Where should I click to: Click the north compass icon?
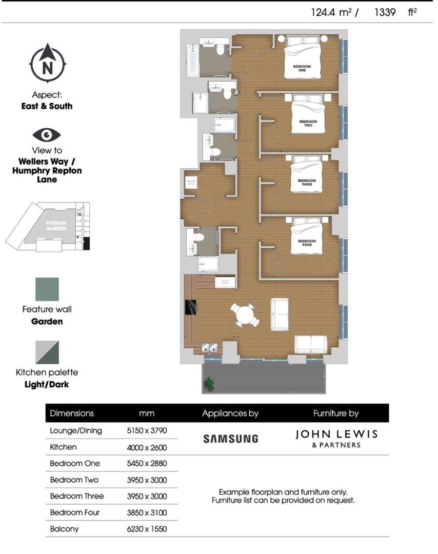click(x=47, y=64)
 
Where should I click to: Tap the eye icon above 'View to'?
click(x=47, y=135)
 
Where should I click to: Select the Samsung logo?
click(x=230, y=439)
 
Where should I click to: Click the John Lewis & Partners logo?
click(x=336, y=438)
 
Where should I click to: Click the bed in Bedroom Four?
click(x=307, y=237)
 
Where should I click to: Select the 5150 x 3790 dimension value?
click(x=146, y=430)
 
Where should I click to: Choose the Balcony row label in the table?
click(x=64, y=528)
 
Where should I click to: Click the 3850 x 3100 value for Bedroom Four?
click(x=146, y=512)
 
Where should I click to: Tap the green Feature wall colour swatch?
click(x=47, y=289)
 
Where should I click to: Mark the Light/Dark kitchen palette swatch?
click(x=47, y=352)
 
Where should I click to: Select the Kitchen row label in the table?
click(x=63, y=447)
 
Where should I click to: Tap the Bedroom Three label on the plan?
click(x=307, y=183)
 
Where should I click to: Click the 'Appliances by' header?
click(x=230, y=413)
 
